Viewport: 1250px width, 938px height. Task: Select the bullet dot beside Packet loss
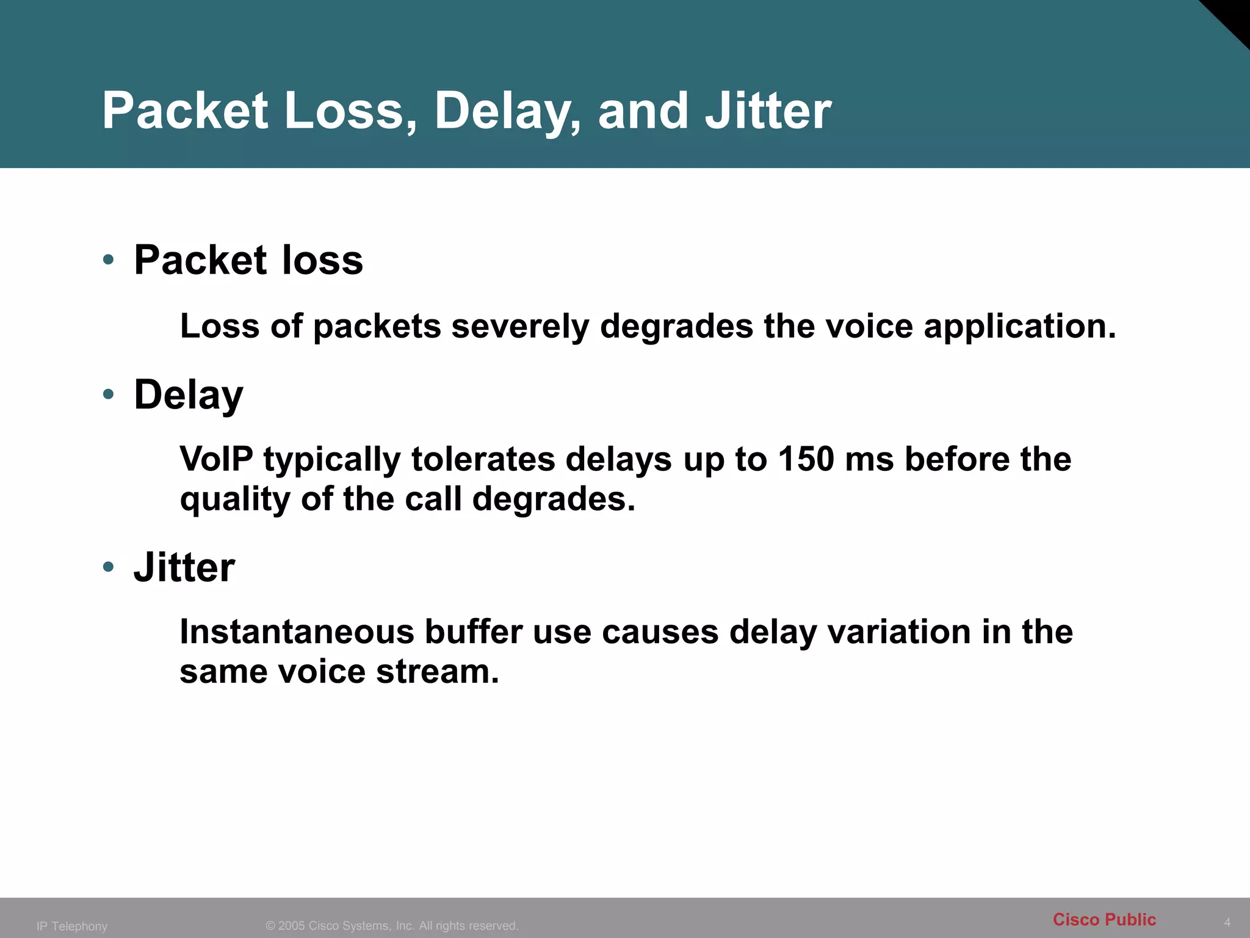coord(109,260)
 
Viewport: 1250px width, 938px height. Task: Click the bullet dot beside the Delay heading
coord(109,394)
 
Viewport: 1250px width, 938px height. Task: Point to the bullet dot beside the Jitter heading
coord(109,567)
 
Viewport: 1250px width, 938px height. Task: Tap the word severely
coord(520,326)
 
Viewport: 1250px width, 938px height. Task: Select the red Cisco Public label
coord(1104,920)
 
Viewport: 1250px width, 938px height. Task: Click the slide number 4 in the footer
coord(1227,922)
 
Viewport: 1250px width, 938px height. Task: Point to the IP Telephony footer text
coord(72,926)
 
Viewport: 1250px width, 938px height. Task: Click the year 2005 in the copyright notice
coord(292,926)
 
